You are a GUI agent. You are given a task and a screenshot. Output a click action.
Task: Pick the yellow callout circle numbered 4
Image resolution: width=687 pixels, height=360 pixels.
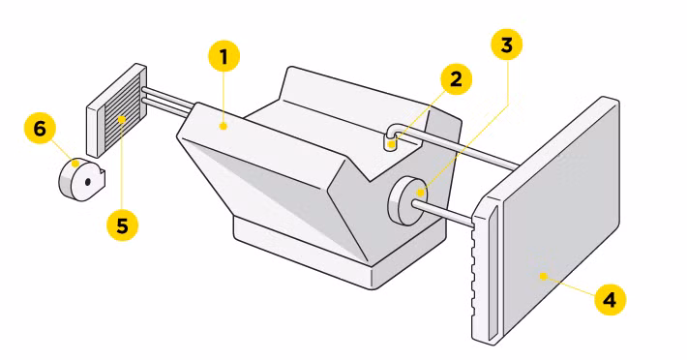(x=609, y=300)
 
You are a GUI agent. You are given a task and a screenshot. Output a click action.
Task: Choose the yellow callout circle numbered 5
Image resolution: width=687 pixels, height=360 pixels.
(x=122, y=225)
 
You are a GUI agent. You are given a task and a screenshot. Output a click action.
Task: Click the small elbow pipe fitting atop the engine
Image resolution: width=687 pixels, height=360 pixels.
(x=393, y=137)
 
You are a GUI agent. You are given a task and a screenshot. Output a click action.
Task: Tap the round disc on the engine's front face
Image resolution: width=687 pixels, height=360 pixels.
(x=406, y=198)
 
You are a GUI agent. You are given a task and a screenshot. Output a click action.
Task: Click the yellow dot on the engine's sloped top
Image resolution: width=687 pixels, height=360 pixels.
(x=223, y=124)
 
